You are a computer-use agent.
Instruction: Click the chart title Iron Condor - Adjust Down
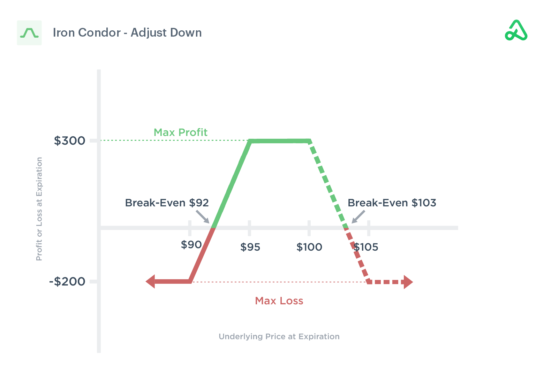click(127, 32)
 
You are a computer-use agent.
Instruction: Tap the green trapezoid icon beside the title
click(29, 33)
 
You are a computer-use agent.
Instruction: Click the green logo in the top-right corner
click(516, 31)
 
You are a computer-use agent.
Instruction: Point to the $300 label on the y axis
click(69, 141)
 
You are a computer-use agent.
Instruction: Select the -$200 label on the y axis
click(67, 281)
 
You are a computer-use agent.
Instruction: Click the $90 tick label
click(191, 245)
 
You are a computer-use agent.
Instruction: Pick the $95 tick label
click(250, 247)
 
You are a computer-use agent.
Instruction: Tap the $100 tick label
click(309, 247)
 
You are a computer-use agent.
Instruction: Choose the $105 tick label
click(366, 247)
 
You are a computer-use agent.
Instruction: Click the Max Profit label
click(180, 132)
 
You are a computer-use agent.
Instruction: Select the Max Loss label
click(279, 301)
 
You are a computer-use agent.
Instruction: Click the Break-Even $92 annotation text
click(167, 203)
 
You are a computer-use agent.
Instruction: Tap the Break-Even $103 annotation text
click(392, 203)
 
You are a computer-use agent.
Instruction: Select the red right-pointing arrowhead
click(408, 282)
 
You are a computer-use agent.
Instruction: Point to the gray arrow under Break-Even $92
click(203, 216)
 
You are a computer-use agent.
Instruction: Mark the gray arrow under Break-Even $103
click(358, 216)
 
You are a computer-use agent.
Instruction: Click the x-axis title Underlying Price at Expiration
click(279, 336)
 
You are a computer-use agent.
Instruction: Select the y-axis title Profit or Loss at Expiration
click(39, 209)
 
